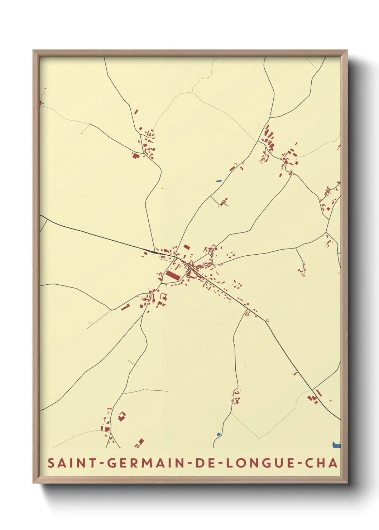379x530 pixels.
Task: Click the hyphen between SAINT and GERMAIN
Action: coord(102,463)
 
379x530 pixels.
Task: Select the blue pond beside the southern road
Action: coord(219,435)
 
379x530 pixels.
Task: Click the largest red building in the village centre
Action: coord(173,275)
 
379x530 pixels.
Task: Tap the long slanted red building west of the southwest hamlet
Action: coord(125,307)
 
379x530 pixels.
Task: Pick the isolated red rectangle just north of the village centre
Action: coord(187,247)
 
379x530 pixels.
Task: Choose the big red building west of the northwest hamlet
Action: coord(135,155)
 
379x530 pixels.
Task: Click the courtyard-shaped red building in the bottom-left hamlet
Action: coord(122,416)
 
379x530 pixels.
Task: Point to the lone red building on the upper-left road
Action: coord(136,111)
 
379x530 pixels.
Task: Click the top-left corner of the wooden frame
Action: coord(34,51)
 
